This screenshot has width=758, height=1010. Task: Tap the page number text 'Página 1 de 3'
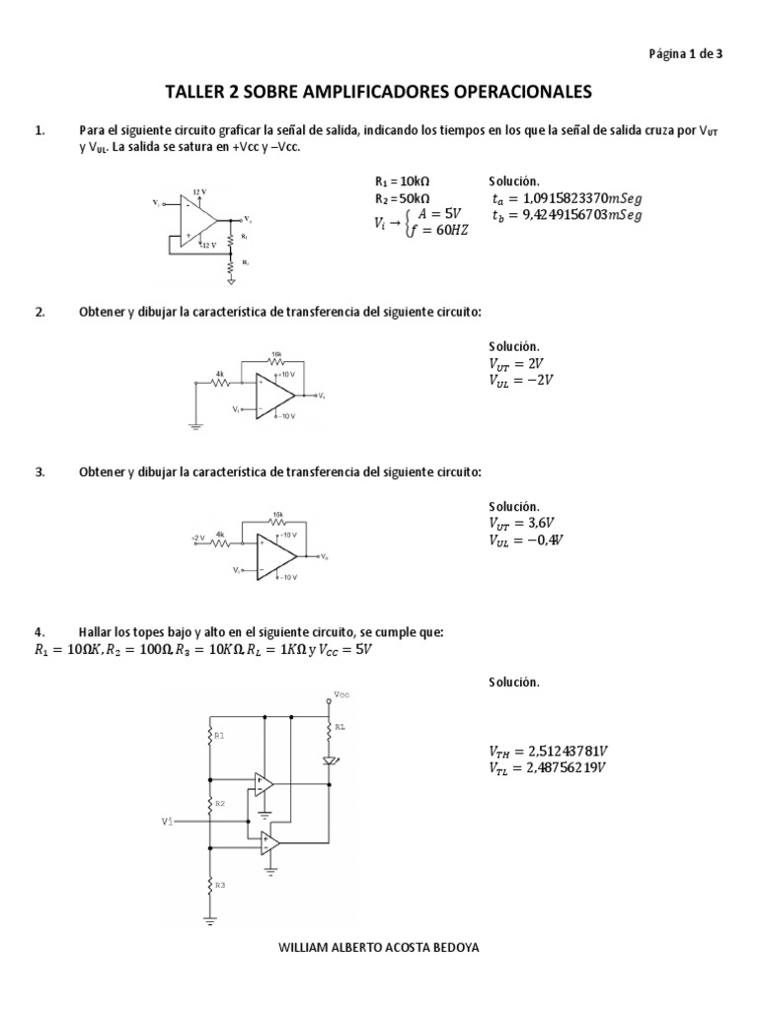tap(686, 54)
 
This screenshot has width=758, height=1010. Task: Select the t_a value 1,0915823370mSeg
tap(567, 198)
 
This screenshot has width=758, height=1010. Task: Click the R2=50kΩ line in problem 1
tap(403, 198)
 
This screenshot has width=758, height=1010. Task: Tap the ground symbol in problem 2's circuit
tap(195, 425)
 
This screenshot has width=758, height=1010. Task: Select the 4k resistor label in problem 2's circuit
tap(220, 374)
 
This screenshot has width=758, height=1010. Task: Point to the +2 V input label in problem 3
tap(196, 538)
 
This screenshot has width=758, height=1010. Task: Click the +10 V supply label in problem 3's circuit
tap(285, 534)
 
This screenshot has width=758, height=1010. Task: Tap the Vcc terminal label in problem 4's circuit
tap(341, 694)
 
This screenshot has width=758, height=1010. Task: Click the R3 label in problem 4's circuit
tap(219, 885)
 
